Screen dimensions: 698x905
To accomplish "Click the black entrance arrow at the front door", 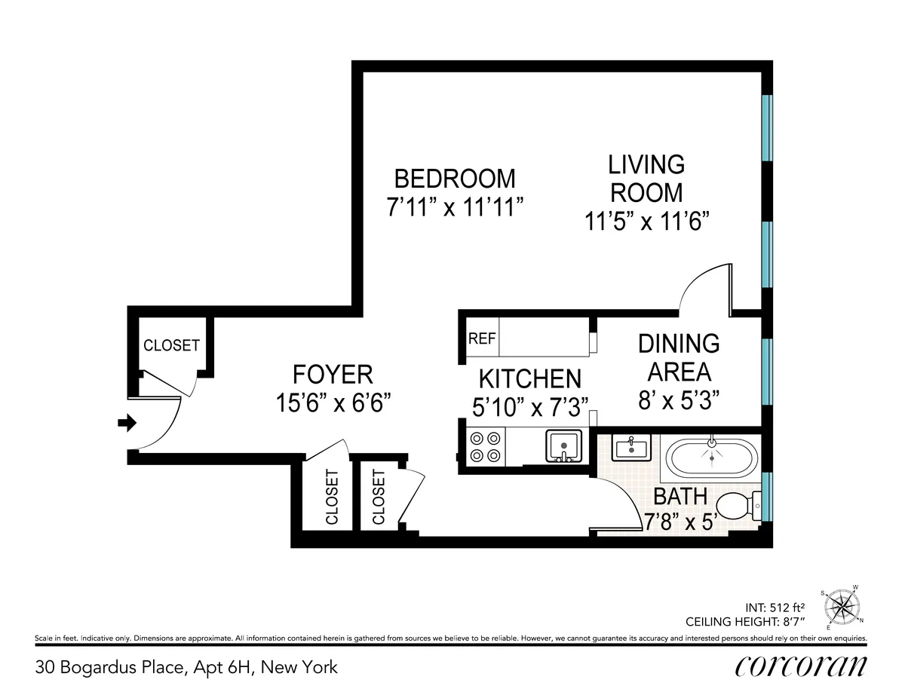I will (126, 424).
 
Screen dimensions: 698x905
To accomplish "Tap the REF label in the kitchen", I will (482, 338).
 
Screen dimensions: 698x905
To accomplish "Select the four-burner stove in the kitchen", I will (486, 445).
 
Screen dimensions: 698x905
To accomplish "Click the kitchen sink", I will (563, 446).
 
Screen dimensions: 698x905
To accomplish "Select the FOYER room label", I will (333, 375).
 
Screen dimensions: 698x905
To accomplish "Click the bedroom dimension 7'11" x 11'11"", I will (456, 207).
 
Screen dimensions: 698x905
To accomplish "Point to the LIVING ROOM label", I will (646, 178).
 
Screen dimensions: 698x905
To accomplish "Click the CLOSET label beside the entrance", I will (171, 345).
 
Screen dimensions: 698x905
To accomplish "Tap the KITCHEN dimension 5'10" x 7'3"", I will (530, 408).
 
